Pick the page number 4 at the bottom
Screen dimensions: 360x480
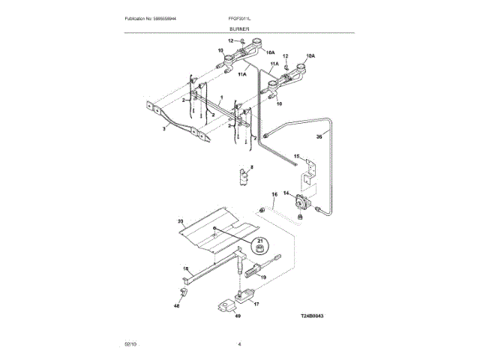(x=239, y=343)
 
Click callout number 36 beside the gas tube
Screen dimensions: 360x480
(x=319, y=137)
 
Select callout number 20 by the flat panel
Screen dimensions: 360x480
(x=180, y=221)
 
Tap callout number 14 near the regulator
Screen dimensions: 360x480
(x=286, y=193)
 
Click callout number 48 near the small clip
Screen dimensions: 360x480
(x=177, y=305)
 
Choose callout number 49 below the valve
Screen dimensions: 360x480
(x=238, y=316)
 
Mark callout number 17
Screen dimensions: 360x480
(x=256, y=304)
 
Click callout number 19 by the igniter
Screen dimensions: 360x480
(x=262, y=277)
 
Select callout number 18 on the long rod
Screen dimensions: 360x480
(x=186, y=268)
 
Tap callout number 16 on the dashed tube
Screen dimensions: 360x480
(x=274, y=194)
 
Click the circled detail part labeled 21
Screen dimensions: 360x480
(x=259, y=245)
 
